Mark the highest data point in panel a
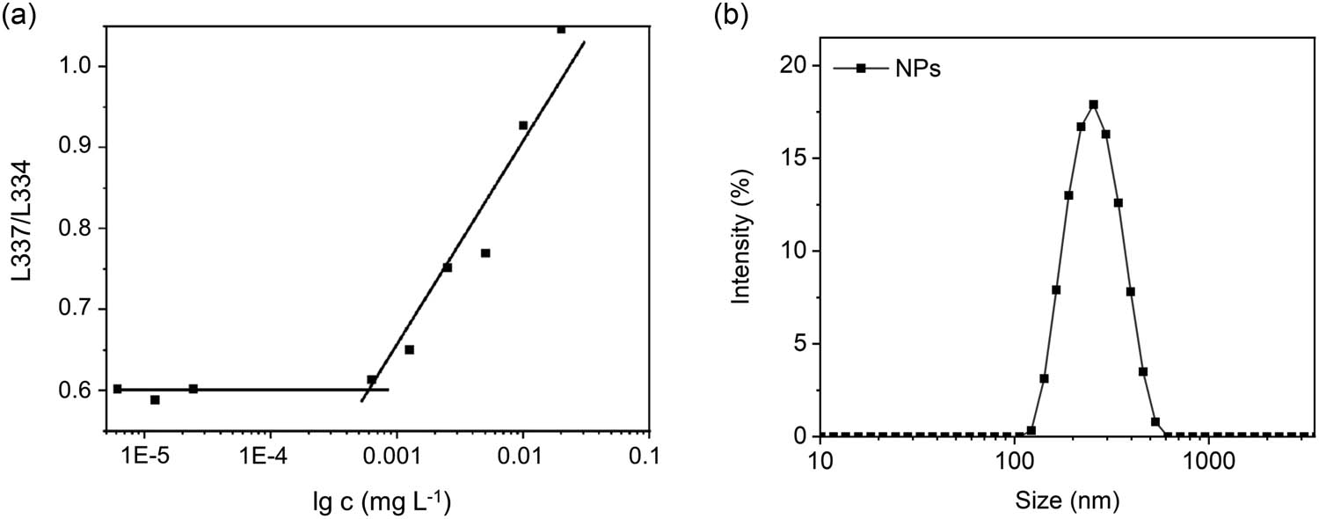point(561,29)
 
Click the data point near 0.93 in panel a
point(523,125)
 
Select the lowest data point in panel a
point(155,399)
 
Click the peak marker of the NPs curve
point(1093,105)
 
